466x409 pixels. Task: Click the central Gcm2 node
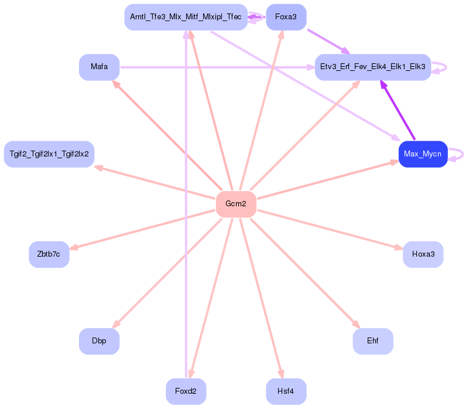(236, 204)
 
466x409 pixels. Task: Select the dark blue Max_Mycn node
(423, 154)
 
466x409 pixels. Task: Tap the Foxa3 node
(286, 18)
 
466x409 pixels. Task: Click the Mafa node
(99, 67)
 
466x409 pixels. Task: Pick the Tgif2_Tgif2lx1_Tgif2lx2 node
(49, 154)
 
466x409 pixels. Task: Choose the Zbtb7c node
(49, 254)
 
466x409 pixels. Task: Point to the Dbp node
(99, 341)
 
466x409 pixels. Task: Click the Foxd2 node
(186, 391)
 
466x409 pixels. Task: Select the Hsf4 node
(286, 391)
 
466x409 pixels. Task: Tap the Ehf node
(372, 341)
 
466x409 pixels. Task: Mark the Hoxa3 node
(423, 254)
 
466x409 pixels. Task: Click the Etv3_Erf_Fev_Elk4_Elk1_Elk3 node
(373, 67)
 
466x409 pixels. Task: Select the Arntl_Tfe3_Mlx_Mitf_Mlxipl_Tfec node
(186, 18)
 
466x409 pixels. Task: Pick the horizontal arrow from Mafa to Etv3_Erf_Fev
(217, 67)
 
